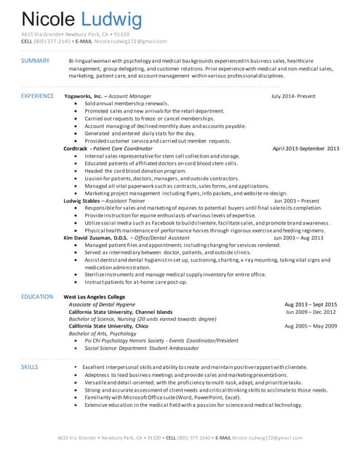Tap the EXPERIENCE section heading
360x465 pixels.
(37, 96)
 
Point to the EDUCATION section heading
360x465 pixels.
(36, 296)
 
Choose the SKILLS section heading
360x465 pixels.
(29, 368)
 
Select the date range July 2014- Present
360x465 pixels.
(293, 96)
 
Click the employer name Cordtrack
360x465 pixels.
(75, 148)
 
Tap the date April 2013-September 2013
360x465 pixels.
(305, 148)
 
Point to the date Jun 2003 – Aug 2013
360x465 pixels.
(300, 238)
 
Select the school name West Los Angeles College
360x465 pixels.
(95, 297)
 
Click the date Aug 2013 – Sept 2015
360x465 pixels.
(311, 304)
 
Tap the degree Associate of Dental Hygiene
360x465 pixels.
(100, 304)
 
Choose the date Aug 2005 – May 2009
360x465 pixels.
(311, 326)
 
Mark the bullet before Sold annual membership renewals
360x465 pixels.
(76, 103)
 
